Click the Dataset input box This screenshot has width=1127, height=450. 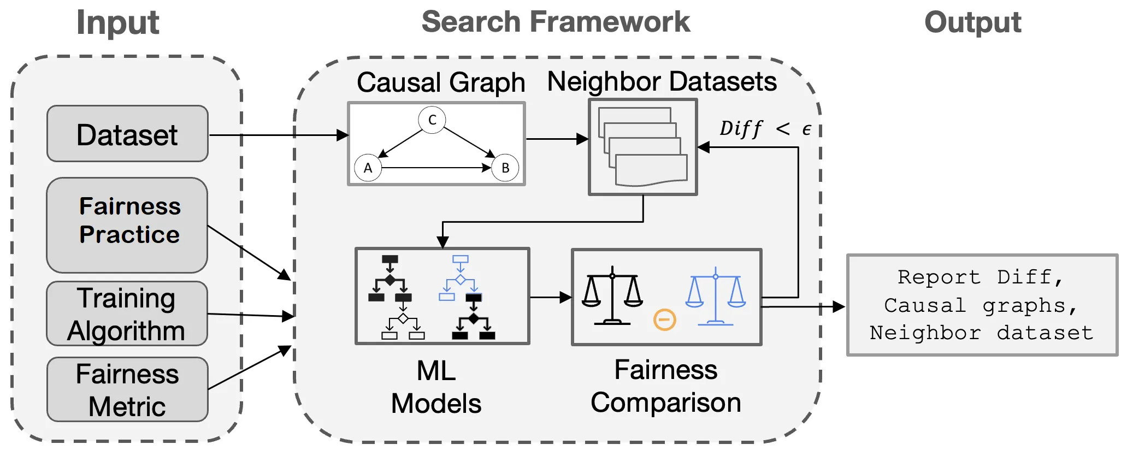(127, 134)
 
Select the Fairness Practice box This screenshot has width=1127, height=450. (127, 224)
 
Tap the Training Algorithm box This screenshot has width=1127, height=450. (127, 313)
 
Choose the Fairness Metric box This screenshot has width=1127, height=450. (127, 389)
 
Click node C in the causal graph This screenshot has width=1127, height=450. (432, 120)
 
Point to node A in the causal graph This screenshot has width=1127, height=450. (368, 168)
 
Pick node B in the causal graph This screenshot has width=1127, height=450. (505, 168)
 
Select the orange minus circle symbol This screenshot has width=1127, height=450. (665, 319)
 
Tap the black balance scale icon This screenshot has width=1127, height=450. (612, 295)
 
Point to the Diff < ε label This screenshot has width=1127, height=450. (765, 129)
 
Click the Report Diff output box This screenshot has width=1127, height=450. (982, 305)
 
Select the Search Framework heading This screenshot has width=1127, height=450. (556, 22)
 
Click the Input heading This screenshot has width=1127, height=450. (117, 23)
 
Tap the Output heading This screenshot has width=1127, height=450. (972, 23)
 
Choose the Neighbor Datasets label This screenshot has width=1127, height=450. (662, 82)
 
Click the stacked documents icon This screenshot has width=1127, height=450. (643, 146)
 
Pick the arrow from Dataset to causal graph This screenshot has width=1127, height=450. (279, 135)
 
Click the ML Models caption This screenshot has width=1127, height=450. (436, 387)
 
